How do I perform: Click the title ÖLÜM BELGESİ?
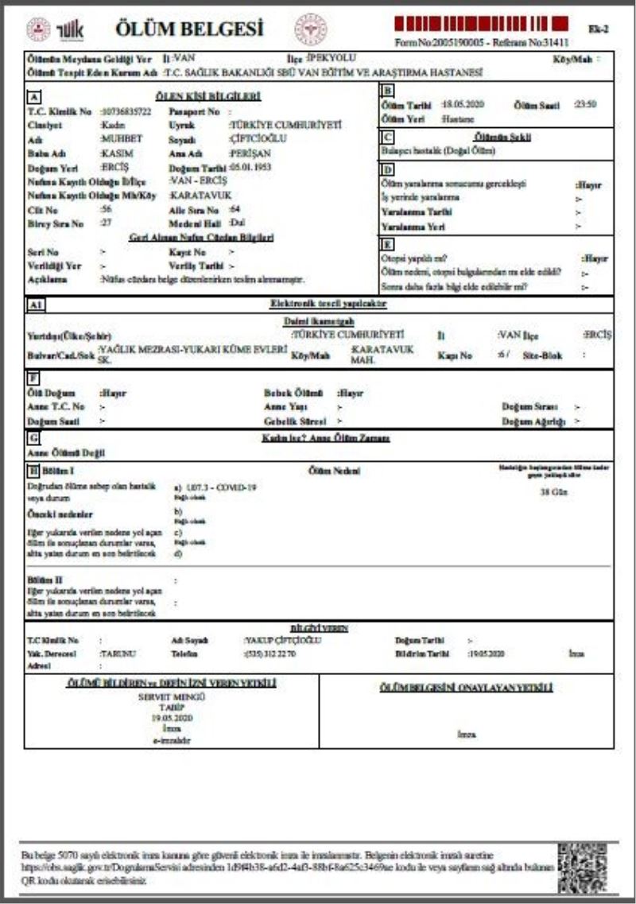coord(189,29)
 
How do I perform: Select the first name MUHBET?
coord(122,138)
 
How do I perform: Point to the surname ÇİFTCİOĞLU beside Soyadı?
coord(258,138)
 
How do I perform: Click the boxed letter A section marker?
coord(33,97)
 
